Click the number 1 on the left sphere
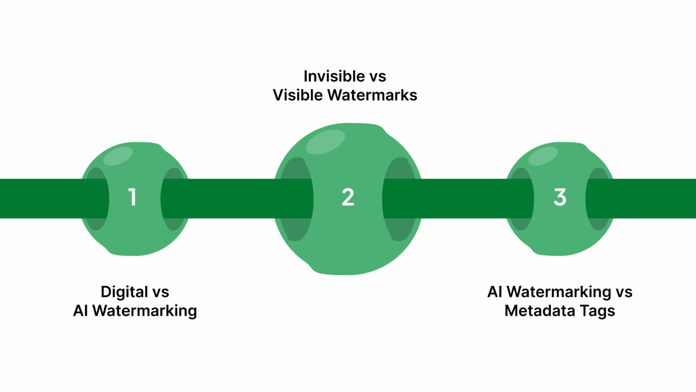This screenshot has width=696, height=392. pos(133,198)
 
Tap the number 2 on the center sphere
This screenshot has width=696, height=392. pos(348,198)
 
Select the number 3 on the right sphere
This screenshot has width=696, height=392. pos(559,198)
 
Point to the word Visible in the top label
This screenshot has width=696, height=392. pos(296,95)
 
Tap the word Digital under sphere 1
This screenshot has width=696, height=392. pos(125,292)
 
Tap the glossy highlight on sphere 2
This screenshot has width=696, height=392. pos(325,142)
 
